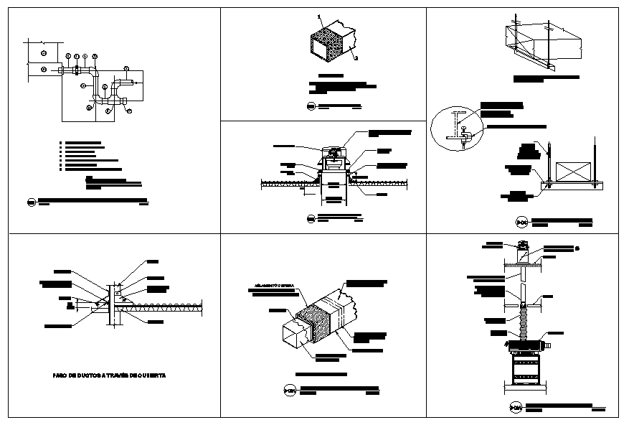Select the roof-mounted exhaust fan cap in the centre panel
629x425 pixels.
pos(333,152)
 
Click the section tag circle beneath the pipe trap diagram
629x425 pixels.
pos(32,201)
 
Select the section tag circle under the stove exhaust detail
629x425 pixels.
pos(515,408)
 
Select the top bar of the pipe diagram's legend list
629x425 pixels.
pos(82,143)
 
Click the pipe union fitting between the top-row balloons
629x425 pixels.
pos(77,70)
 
